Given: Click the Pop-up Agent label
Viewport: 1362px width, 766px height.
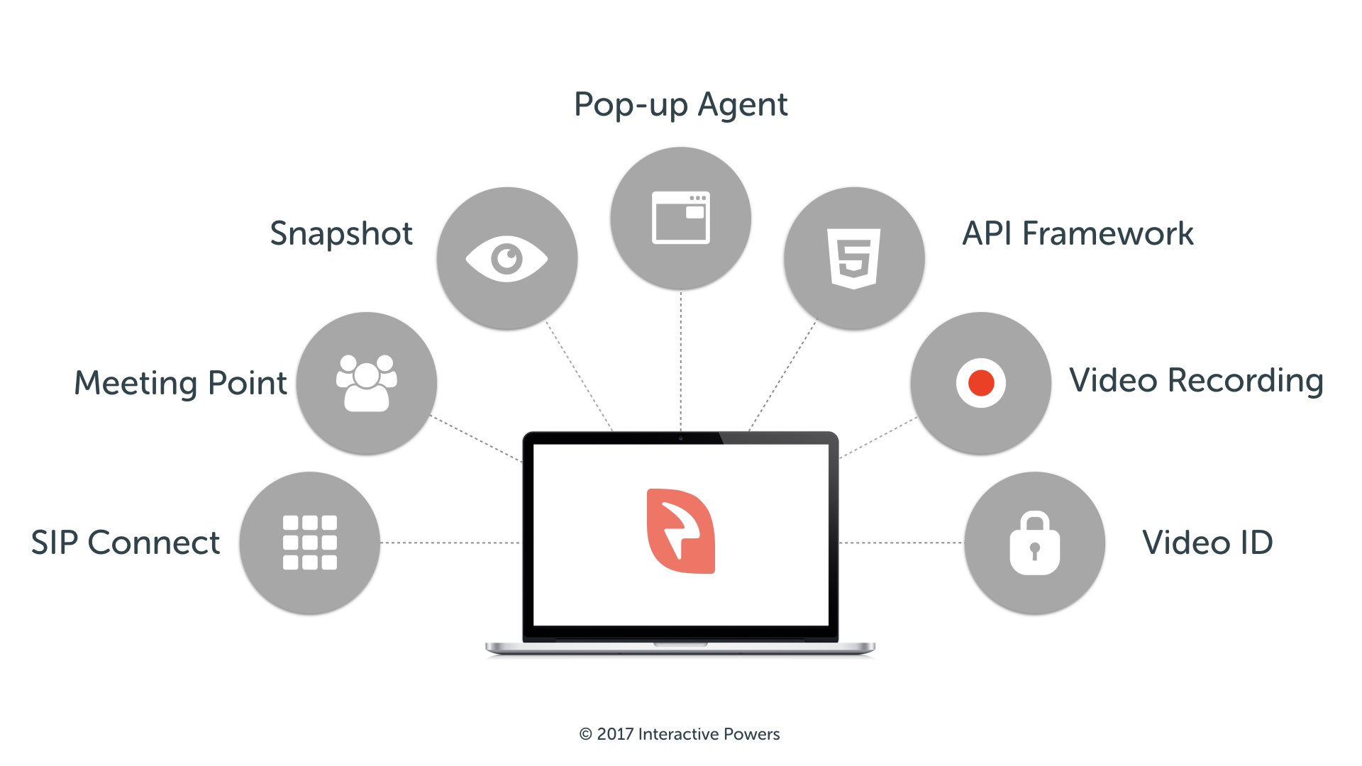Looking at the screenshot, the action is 680,105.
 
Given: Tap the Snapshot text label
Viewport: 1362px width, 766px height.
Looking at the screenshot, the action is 341,233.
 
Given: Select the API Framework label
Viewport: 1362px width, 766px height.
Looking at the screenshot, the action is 1078,233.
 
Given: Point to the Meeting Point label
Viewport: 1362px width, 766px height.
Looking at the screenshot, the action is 181,383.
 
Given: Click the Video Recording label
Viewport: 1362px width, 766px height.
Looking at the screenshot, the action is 1196,381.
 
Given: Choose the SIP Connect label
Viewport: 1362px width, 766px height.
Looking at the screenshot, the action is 126,543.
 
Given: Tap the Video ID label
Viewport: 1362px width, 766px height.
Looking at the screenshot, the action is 1207,543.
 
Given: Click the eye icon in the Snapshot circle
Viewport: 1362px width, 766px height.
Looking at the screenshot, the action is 506,258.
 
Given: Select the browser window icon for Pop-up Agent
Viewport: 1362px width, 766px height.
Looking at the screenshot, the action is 681,218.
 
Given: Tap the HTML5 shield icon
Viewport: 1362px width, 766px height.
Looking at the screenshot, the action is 854,258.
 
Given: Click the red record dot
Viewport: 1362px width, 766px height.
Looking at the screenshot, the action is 981,383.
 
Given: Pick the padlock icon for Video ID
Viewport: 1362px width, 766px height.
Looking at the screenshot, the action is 1035,543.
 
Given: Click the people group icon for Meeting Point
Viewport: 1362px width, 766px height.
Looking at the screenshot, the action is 366,383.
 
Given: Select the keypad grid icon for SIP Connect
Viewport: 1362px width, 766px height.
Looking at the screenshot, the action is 310,543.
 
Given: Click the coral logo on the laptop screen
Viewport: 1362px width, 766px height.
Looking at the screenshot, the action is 681,531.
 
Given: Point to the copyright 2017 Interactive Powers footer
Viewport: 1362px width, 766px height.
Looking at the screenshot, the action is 680,734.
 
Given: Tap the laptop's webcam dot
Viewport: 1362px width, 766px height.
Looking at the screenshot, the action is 680,438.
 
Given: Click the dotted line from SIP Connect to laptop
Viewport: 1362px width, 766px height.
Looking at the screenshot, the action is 450,543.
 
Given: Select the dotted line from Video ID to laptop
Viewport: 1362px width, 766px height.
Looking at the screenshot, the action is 902,543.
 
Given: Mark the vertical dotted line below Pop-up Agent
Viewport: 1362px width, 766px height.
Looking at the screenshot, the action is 681,360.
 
